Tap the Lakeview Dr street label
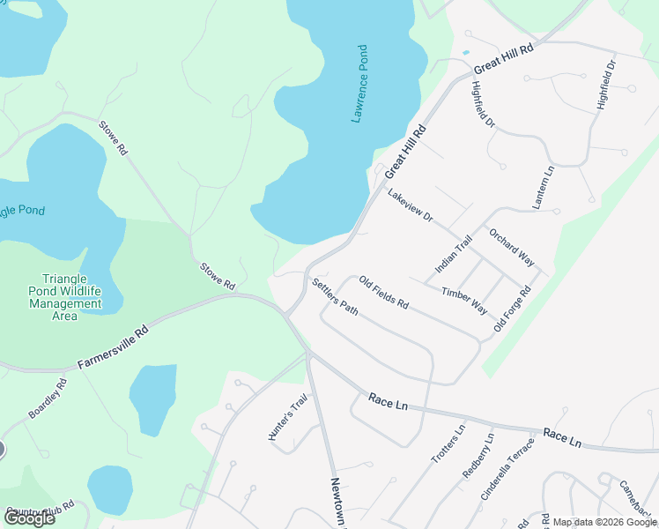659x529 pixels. pos(411,205)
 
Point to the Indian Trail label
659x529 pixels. pos(454,254)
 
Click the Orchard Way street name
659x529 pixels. pos(512,248)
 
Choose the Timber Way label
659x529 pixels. pos(464,300)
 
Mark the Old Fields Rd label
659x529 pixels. pos(383,292)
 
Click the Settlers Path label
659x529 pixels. pos(335,299)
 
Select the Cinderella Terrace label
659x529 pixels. pos(507,469)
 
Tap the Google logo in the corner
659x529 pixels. pos(29,518)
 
